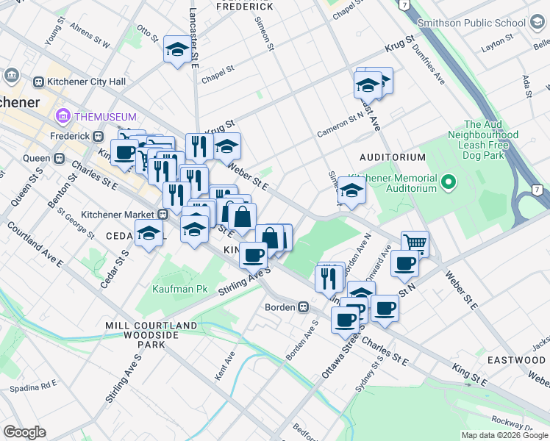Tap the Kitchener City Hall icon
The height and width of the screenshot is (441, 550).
click(12, 76)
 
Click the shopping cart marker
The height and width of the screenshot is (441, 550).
click(415, 243)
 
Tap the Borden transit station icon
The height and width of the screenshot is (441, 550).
click(302, 306)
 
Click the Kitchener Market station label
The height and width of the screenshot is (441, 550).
click(117, 214)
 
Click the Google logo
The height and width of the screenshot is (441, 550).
click(24, 431)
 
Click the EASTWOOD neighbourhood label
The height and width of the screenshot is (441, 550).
click(515, 360)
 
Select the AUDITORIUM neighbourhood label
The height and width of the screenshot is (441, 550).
click(392, 157)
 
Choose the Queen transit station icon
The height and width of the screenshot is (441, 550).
click(58, 158)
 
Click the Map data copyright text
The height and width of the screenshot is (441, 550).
click(504, 435)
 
